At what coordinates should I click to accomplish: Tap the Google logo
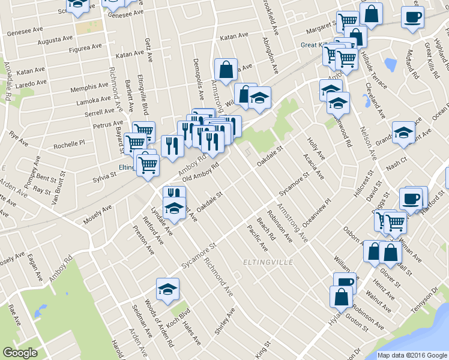click(20, 353)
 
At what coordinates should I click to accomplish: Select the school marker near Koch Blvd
click(167, 290)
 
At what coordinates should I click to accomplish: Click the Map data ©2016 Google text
click(411, 355)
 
